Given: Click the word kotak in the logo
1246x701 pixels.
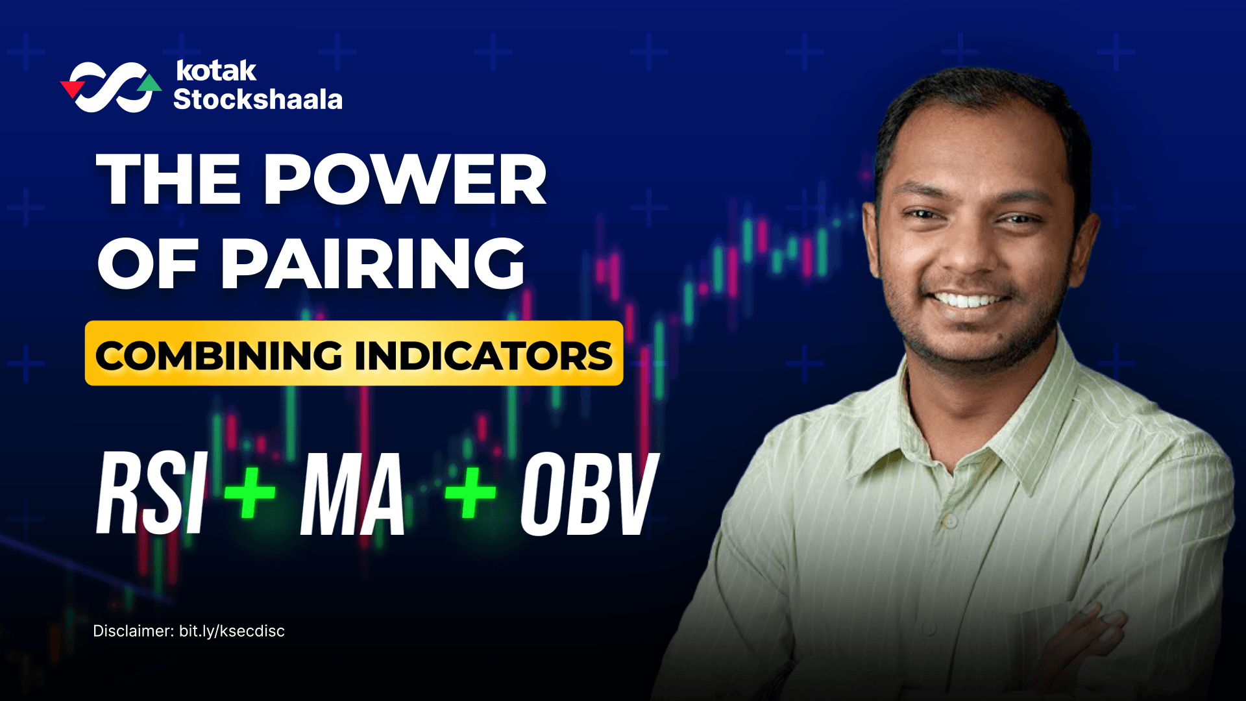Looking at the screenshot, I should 216,71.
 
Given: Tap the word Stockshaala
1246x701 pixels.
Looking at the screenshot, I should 258,99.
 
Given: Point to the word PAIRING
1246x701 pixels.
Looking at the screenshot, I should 373,263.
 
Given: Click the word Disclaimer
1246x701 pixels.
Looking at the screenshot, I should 133,631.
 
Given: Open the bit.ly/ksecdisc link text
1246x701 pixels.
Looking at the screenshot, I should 232,631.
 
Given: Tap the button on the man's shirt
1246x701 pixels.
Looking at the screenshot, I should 950,521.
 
